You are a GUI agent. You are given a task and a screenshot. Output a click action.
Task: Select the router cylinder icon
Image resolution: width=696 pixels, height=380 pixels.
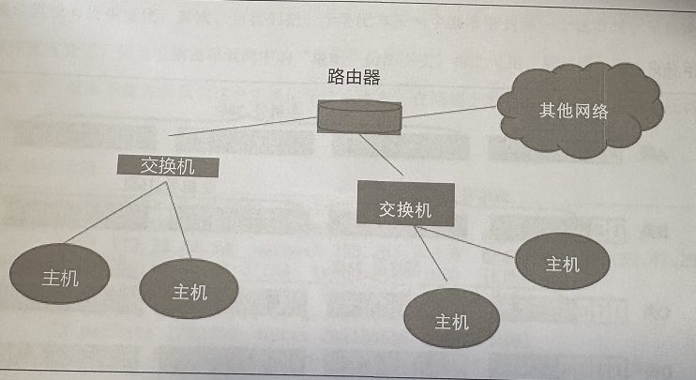pyautogui.click(x=359, y=118)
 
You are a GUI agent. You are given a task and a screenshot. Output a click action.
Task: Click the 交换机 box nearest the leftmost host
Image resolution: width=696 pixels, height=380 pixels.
pyautogui.click(x=168, y=165)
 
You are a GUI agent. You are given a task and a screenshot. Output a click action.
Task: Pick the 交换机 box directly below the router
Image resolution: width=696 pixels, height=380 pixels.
pyautogui.click(x=405, y=207)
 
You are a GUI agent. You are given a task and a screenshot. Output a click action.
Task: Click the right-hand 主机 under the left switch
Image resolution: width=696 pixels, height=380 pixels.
pyautogui.click(x=189, y=290)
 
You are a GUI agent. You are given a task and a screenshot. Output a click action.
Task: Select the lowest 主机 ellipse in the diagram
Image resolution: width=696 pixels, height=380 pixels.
pyautogui.click(x=451, y=321)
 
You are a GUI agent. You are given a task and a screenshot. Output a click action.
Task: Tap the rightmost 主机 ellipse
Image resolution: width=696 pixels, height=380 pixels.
pyautogui.click(x=562, y=262)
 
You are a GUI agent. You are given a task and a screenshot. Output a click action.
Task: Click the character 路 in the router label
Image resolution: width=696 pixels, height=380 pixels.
pyautogui.click(x=334, y=76)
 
